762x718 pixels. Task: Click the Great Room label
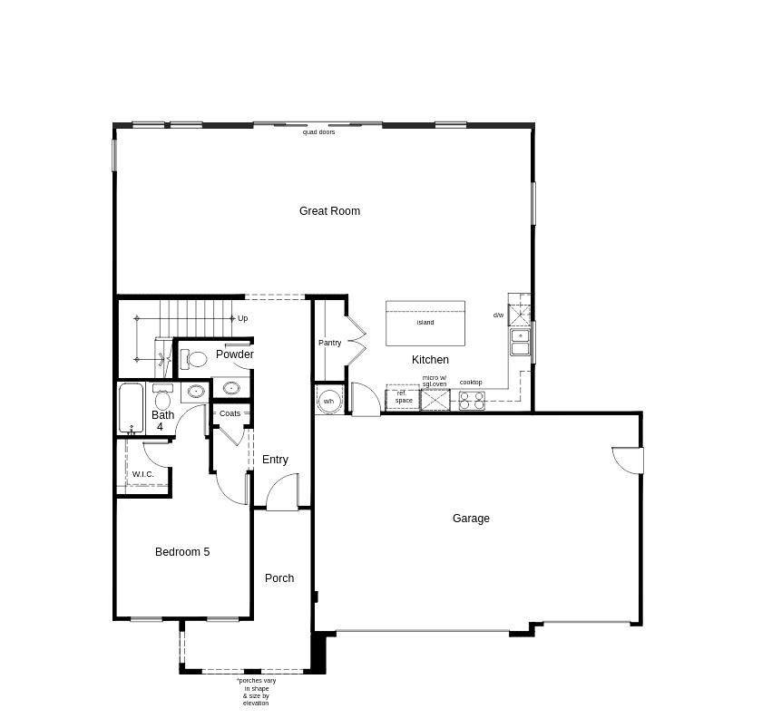pos(329,211)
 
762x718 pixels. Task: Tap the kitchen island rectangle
pos(425,323)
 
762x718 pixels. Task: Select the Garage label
pos(471,519)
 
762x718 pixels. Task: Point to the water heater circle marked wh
pos(329,401)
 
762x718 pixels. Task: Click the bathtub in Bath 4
pos(132,408)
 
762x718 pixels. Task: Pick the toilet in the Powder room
pos(193,359)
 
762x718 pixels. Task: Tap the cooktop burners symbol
pos(471,400)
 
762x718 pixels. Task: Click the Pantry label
pos(329,343)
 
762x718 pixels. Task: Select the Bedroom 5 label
pos(182,552)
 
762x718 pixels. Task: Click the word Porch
pos(279,578)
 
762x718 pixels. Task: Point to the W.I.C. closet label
pos(143,474)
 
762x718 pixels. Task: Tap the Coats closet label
pos(230,413)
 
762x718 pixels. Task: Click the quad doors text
pos(318,132)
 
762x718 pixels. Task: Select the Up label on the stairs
pos(242,318)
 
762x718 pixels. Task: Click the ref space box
pos(403,397)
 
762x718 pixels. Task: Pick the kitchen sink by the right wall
pos(520,343)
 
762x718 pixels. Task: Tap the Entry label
pos(275,460)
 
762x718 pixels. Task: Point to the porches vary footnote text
pos(256,692)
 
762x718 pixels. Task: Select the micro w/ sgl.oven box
pos(435,400)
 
